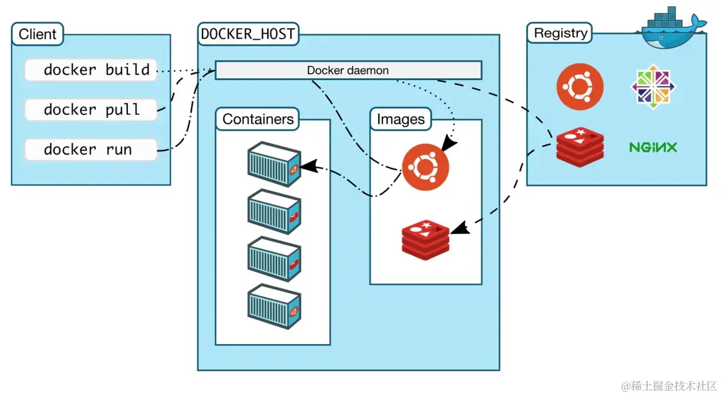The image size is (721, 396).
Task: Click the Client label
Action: (x=37, y=34)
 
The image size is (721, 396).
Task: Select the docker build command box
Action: (x=91, y=70)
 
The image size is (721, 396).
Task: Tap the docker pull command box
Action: (x=91, y=110)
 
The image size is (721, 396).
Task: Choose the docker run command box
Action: (x=91, y=149)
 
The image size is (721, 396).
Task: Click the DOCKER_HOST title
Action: (x=248, y=34)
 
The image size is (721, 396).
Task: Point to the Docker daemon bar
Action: (x=348, y=70)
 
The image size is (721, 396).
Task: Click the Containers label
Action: (x=258, y=119)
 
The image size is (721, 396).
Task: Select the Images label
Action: (x=400, y=119)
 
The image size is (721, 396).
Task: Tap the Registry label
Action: (x=560, y=33)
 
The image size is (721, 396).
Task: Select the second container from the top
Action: (x=273, y=211)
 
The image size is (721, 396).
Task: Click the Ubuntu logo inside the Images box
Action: (x=425, y=167)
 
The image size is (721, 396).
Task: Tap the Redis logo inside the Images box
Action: (x=425, y=240)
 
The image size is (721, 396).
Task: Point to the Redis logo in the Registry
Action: (x=579, y=147)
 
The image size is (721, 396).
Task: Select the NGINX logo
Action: (x=653, y=147)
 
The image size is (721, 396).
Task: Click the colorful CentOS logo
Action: (x=653, y=88)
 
